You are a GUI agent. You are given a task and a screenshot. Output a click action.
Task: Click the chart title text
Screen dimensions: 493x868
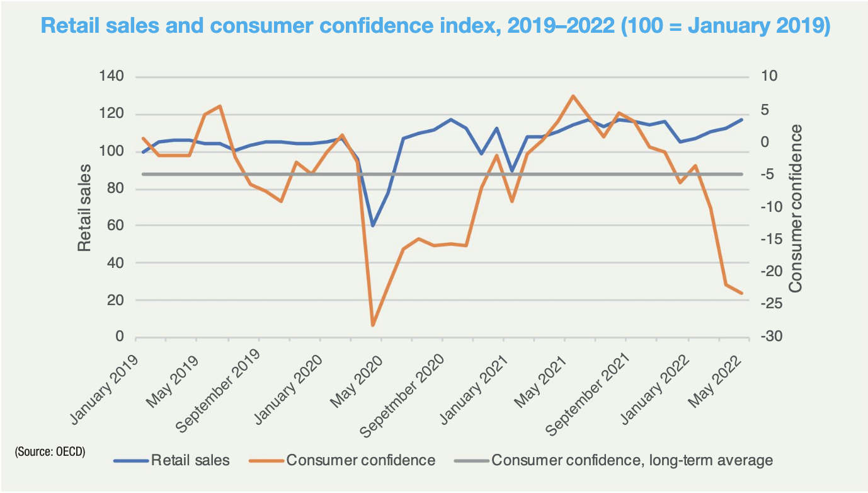pos(434,27)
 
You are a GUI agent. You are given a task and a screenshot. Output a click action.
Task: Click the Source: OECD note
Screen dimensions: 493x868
pos(50,452)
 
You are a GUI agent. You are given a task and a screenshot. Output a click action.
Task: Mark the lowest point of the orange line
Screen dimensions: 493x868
pos(373,325)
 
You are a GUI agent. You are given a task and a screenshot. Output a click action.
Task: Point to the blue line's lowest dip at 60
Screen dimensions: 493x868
pos(373,225)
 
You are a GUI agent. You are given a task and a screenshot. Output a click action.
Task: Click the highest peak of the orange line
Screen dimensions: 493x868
pos(573,96)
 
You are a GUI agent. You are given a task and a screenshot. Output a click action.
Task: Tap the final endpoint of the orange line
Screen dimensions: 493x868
pos(741,293)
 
